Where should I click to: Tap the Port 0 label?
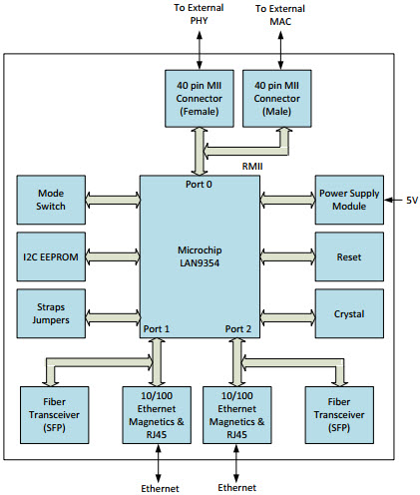199,184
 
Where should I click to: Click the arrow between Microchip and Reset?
285,257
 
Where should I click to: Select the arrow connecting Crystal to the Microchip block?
285,314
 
